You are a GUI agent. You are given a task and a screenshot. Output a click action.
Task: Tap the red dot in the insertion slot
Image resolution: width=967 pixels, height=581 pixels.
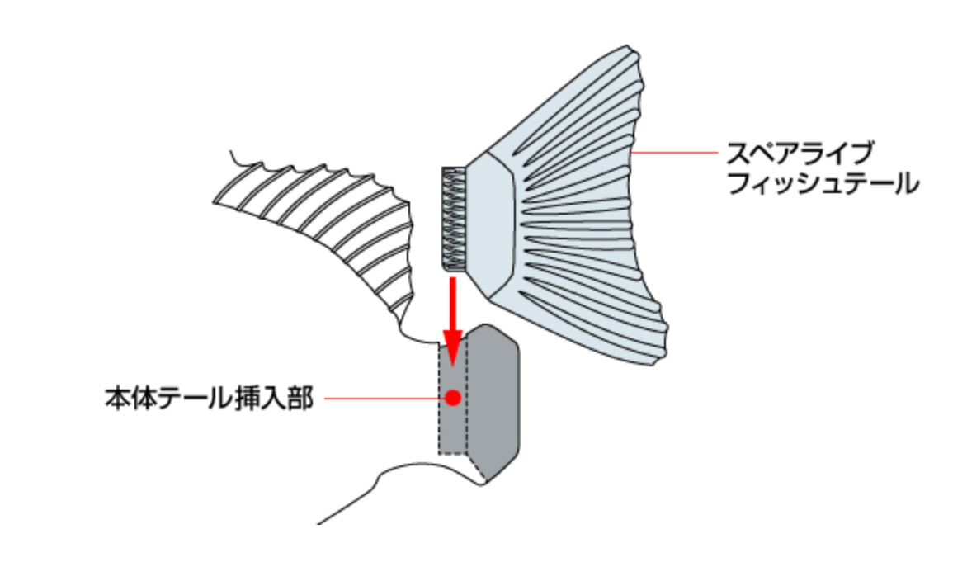(452, 398)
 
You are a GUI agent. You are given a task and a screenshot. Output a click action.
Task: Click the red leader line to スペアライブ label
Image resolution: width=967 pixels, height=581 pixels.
(672, 152)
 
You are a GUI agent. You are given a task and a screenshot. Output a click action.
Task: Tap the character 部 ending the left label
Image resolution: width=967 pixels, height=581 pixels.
(303, 399)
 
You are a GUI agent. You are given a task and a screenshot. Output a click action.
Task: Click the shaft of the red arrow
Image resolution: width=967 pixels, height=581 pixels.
(452, 301)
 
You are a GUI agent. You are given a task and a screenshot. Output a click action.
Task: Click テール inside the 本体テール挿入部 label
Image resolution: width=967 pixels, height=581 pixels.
(186, 399)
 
